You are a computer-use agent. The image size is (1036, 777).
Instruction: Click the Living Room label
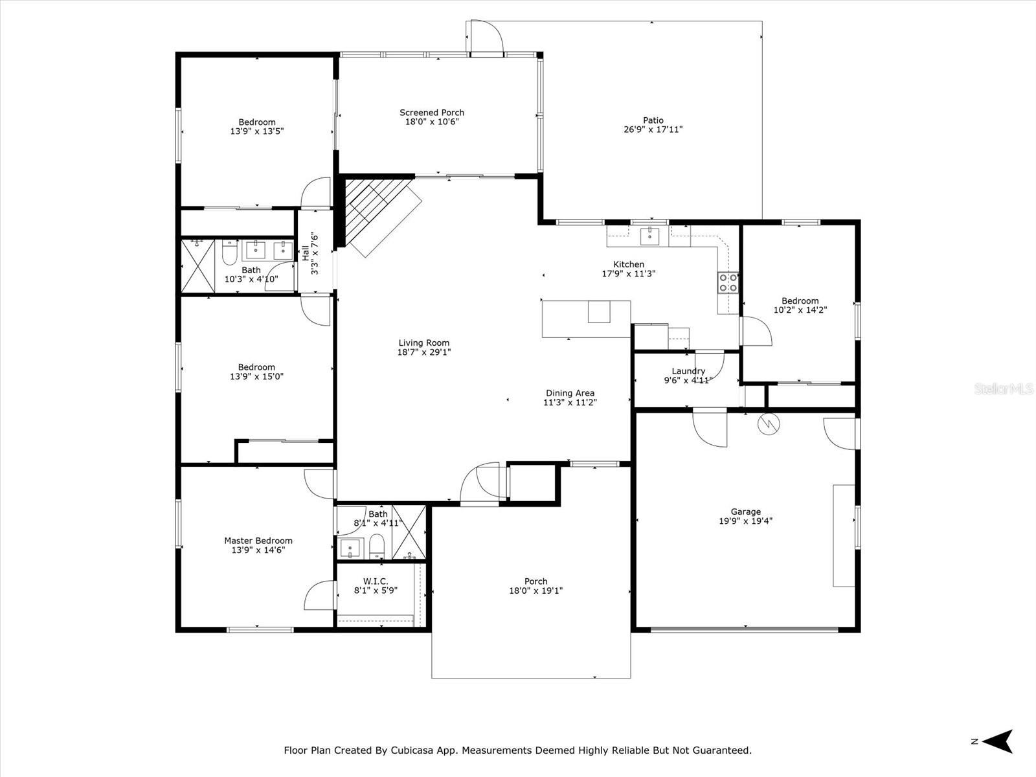coord(424,343)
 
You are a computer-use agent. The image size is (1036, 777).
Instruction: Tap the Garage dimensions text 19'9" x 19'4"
coord(745,521)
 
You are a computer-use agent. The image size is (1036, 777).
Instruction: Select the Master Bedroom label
coord(258,541)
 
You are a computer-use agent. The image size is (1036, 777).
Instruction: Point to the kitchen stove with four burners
coord(728,283)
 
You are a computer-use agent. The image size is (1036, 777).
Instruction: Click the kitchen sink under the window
coord(650,236)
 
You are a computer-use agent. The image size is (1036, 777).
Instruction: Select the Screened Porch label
coord(432,112)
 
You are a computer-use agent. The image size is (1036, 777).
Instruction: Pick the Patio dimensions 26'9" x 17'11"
coord(653,129)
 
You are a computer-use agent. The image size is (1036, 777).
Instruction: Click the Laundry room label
coord(688,371)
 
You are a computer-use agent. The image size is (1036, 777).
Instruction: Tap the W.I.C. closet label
coord(376,581)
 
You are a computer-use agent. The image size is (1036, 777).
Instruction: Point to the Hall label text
coord(306,253)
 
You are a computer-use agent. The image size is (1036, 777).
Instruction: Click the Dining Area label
coord(570,393)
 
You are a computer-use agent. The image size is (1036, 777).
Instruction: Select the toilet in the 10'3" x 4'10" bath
coord(230,253)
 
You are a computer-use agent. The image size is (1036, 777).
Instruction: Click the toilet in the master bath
coord(376,546)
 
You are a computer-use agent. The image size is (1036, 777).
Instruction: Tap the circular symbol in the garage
coord(769,424)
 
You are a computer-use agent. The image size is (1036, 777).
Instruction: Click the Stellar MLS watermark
coord(1004,388)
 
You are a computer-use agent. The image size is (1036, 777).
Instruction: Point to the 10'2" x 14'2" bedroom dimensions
coord(800,310)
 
